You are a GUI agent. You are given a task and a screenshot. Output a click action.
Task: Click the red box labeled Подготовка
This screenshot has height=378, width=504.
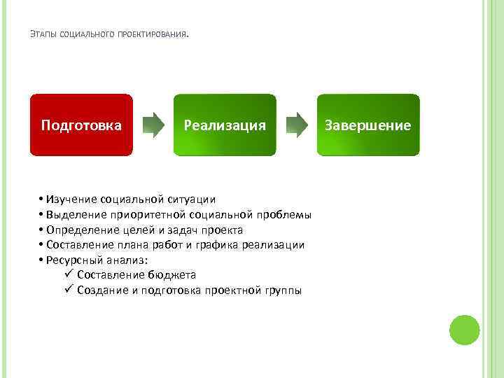click(81, 125)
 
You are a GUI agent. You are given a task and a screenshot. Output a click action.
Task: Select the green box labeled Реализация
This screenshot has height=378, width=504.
click(225, 125)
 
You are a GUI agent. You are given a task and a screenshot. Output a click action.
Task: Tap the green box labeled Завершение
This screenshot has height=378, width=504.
click(368, 125)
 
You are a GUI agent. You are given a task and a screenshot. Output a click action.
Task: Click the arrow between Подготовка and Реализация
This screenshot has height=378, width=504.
click(153, 125)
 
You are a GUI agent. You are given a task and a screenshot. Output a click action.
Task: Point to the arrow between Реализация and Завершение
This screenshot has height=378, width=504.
click(297, 125)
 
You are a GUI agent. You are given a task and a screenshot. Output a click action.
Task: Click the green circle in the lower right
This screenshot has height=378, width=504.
click(464, 330)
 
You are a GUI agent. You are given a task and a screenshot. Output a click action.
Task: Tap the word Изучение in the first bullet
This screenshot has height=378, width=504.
click(71, 199)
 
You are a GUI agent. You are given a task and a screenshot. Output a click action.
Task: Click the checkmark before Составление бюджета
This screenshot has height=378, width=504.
click(68, 274)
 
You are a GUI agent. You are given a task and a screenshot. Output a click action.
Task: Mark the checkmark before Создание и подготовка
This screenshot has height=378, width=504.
click(68, 290)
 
